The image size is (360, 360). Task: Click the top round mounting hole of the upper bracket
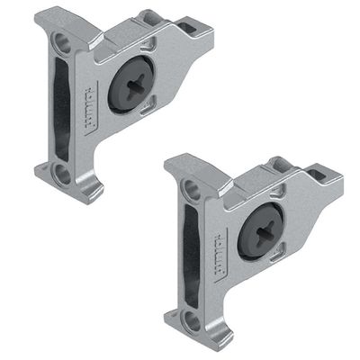(x=61, y=41)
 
